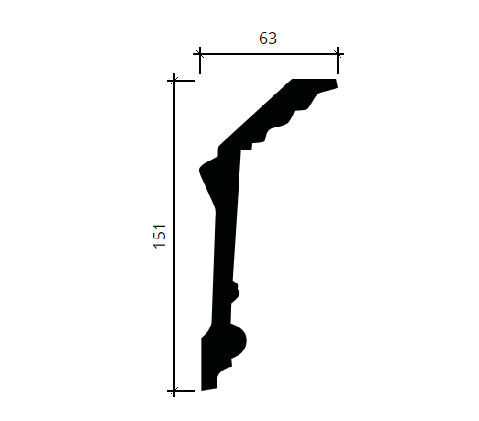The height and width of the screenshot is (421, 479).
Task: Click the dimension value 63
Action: pos(268,39)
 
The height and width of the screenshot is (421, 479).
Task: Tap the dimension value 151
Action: pos(160,236)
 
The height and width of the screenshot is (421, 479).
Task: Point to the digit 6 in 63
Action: pos(263,39)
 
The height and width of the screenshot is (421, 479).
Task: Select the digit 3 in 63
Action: pos(273,39)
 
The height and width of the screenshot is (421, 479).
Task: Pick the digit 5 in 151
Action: pos(160,236)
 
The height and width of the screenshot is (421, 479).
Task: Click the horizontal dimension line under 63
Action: pos(269,54)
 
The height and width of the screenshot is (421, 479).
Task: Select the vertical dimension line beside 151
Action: pos(174,236)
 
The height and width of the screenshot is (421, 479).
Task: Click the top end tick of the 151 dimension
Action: pos(174,81)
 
